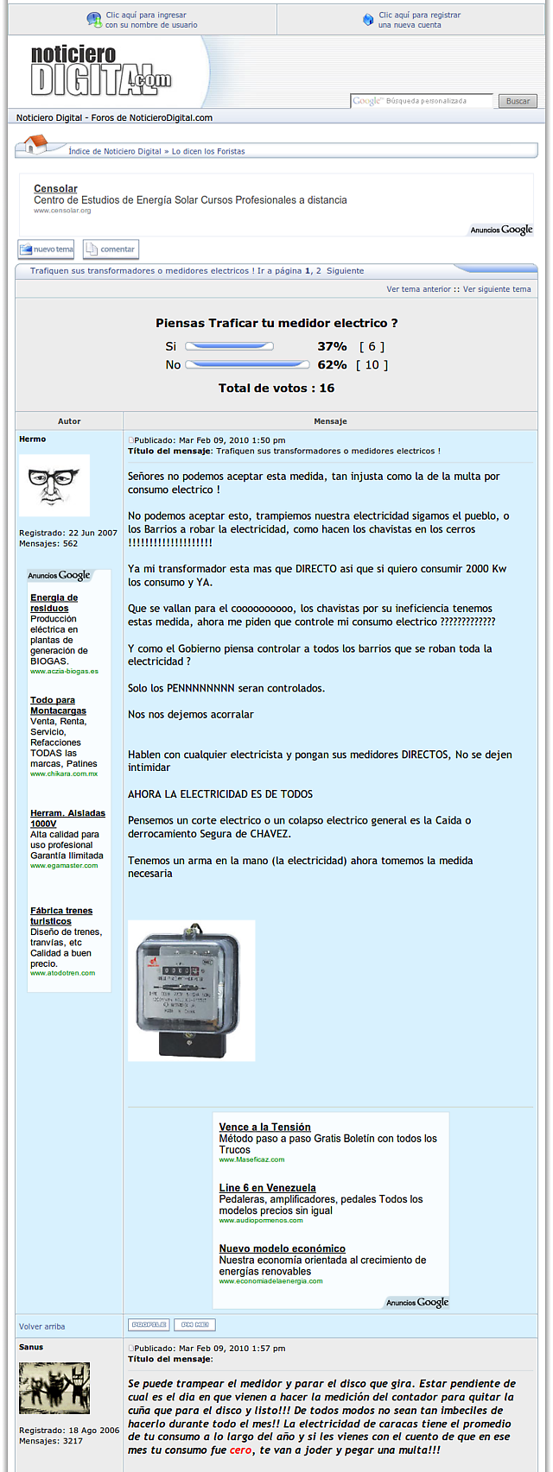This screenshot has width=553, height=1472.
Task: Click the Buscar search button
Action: pos(518,101)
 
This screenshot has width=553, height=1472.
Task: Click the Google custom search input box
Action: pos(422,101)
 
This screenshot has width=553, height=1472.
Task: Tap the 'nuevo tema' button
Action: pos(47,250)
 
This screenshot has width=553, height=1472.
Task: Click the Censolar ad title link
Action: pos(55,188)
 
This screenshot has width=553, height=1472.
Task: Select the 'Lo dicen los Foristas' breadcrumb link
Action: pos(208,151)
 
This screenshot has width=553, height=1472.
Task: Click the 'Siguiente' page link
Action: pos(345,270)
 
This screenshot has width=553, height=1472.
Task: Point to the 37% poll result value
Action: pos(332,346)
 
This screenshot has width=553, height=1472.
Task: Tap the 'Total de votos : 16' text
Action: pos(276,388)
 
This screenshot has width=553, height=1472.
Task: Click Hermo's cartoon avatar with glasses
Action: pos(54,485)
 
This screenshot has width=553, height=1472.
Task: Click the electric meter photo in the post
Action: pos(191,990)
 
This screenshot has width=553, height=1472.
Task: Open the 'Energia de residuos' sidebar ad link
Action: pos(54,603)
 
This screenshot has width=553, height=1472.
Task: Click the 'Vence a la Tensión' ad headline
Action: pos(264,1127)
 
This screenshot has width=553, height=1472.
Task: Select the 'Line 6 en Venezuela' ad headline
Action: pos(267,1188)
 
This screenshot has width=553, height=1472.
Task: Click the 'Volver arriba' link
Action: pos(41,1326)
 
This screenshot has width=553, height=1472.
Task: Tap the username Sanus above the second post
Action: pos(31,1347)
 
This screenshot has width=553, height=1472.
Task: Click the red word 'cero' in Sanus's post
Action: pos(240,1450)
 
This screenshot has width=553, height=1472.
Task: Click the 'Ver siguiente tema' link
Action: pos(497,289)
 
